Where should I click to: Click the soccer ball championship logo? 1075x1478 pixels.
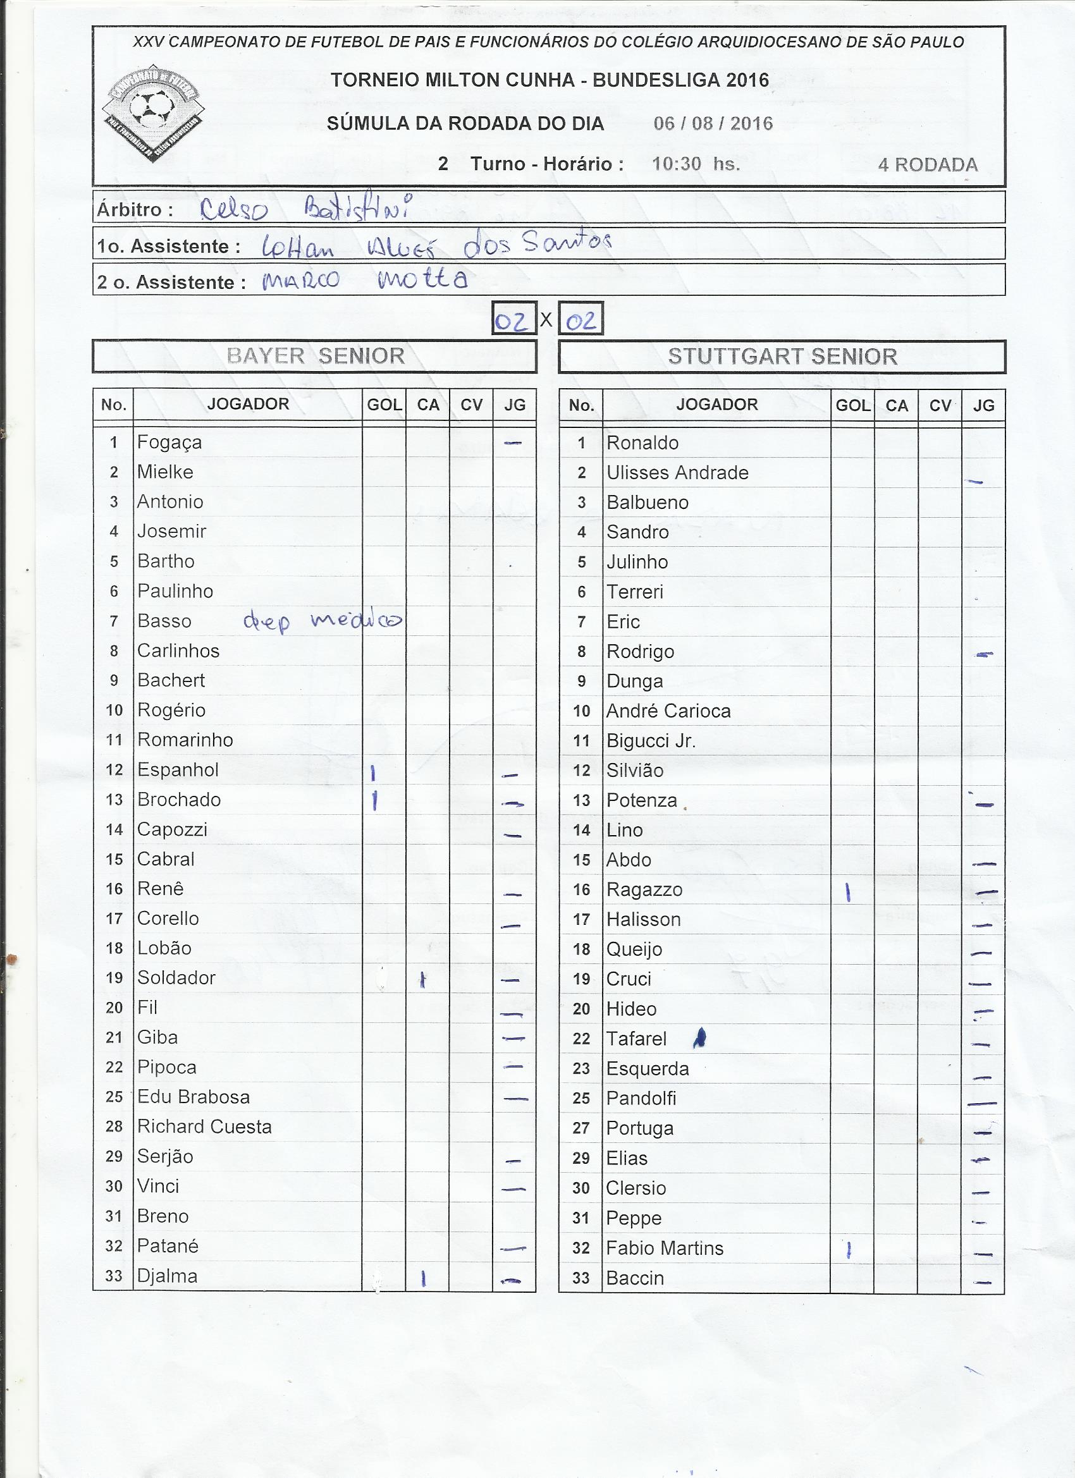(x=153, y=112)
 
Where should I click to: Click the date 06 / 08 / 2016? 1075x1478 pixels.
(x=713, y=124)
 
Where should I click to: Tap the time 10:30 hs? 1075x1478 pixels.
(x=696, y=164)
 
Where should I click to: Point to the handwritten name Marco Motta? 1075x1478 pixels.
(x=364, y=279)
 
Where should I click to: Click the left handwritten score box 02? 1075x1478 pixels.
(x=513, y=319)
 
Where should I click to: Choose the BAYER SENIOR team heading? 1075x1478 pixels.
(x=316, y=356)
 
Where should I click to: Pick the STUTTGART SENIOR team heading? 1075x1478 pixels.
(x=782, y=357)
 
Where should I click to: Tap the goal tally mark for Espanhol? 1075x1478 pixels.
(x=373, y=773)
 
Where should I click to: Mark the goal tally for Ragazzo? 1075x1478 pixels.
(x=847, y=892)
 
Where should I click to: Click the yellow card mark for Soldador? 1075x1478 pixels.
(x=423, y=979)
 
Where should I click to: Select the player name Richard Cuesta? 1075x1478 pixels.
(x=204, y=1127)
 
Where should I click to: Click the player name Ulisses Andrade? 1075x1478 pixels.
(x=677, y=472)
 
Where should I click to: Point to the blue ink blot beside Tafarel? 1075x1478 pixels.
(x=700, y=1037)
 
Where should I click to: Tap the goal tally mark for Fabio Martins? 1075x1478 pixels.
(x=848, y=1249)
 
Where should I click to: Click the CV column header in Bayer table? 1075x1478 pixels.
(x=471, y=405)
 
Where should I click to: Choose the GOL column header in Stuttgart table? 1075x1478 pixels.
(x=852, y=405)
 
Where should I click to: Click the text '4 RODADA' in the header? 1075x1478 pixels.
(x=927, y=165)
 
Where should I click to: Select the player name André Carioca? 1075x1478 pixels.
(x=668, y=711)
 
